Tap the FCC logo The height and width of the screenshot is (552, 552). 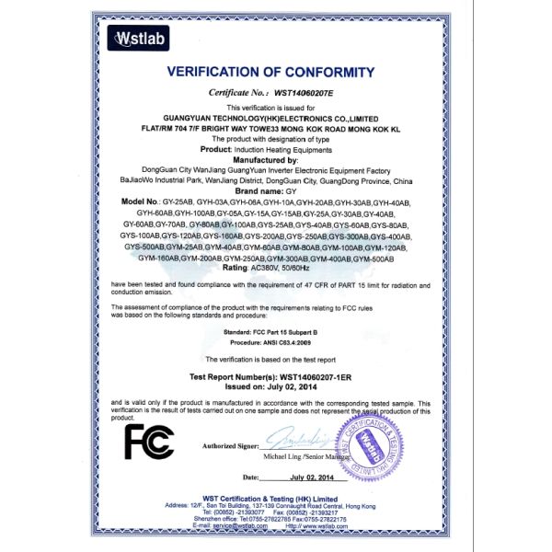point(149,441)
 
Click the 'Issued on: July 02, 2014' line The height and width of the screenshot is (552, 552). point(276,388)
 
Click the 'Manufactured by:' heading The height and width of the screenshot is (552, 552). point(274,160)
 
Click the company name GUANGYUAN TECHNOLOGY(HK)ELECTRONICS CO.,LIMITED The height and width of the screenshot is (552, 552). point(276,118)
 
